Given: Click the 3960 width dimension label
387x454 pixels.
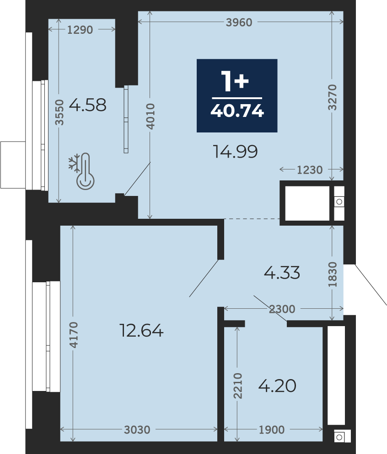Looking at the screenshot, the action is click(239, 22).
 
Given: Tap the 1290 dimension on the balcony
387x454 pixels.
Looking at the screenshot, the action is click(80, 30).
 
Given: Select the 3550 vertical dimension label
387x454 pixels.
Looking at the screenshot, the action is click(59, 112).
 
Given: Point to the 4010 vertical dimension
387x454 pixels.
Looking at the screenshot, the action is click(150, 116).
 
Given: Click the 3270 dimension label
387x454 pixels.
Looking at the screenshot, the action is click(333, 98).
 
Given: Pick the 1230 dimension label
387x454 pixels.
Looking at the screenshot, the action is click(310, 170).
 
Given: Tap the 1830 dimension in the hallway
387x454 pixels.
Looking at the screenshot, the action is click(333, 275).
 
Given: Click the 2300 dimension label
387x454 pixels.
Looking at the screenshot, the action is click(282, 309).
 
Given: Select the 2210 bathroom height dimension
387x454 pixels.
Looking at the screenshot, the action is click(238, 386).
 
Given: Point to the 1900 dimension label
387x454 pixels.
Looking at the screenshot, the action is click(272, 430).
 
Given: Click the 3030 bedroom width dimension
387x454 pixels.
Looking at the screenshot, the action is click(137, 430).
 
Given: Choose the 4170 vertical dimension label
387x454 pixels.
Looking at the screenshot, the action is click(74, 335).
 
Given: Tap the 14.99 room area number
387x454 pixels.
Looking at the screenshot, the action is click(235, 152).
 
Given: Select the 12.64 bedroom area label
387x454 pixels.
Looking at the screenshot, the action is click(141, 331).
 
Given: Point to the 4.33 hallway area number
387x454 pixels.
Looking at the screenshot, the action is click(282, 273).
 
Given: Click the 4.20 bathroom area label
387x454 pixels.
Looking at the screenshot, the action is click(277, 386).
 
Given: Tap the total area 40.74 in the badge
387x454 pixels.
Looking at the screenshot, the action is click(237, 111).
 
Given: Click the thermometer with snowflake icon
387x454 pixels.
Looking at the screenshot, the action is click(82, 171).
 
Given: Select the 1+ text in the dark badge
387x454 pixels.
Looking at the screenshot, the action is click(235, 81).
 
